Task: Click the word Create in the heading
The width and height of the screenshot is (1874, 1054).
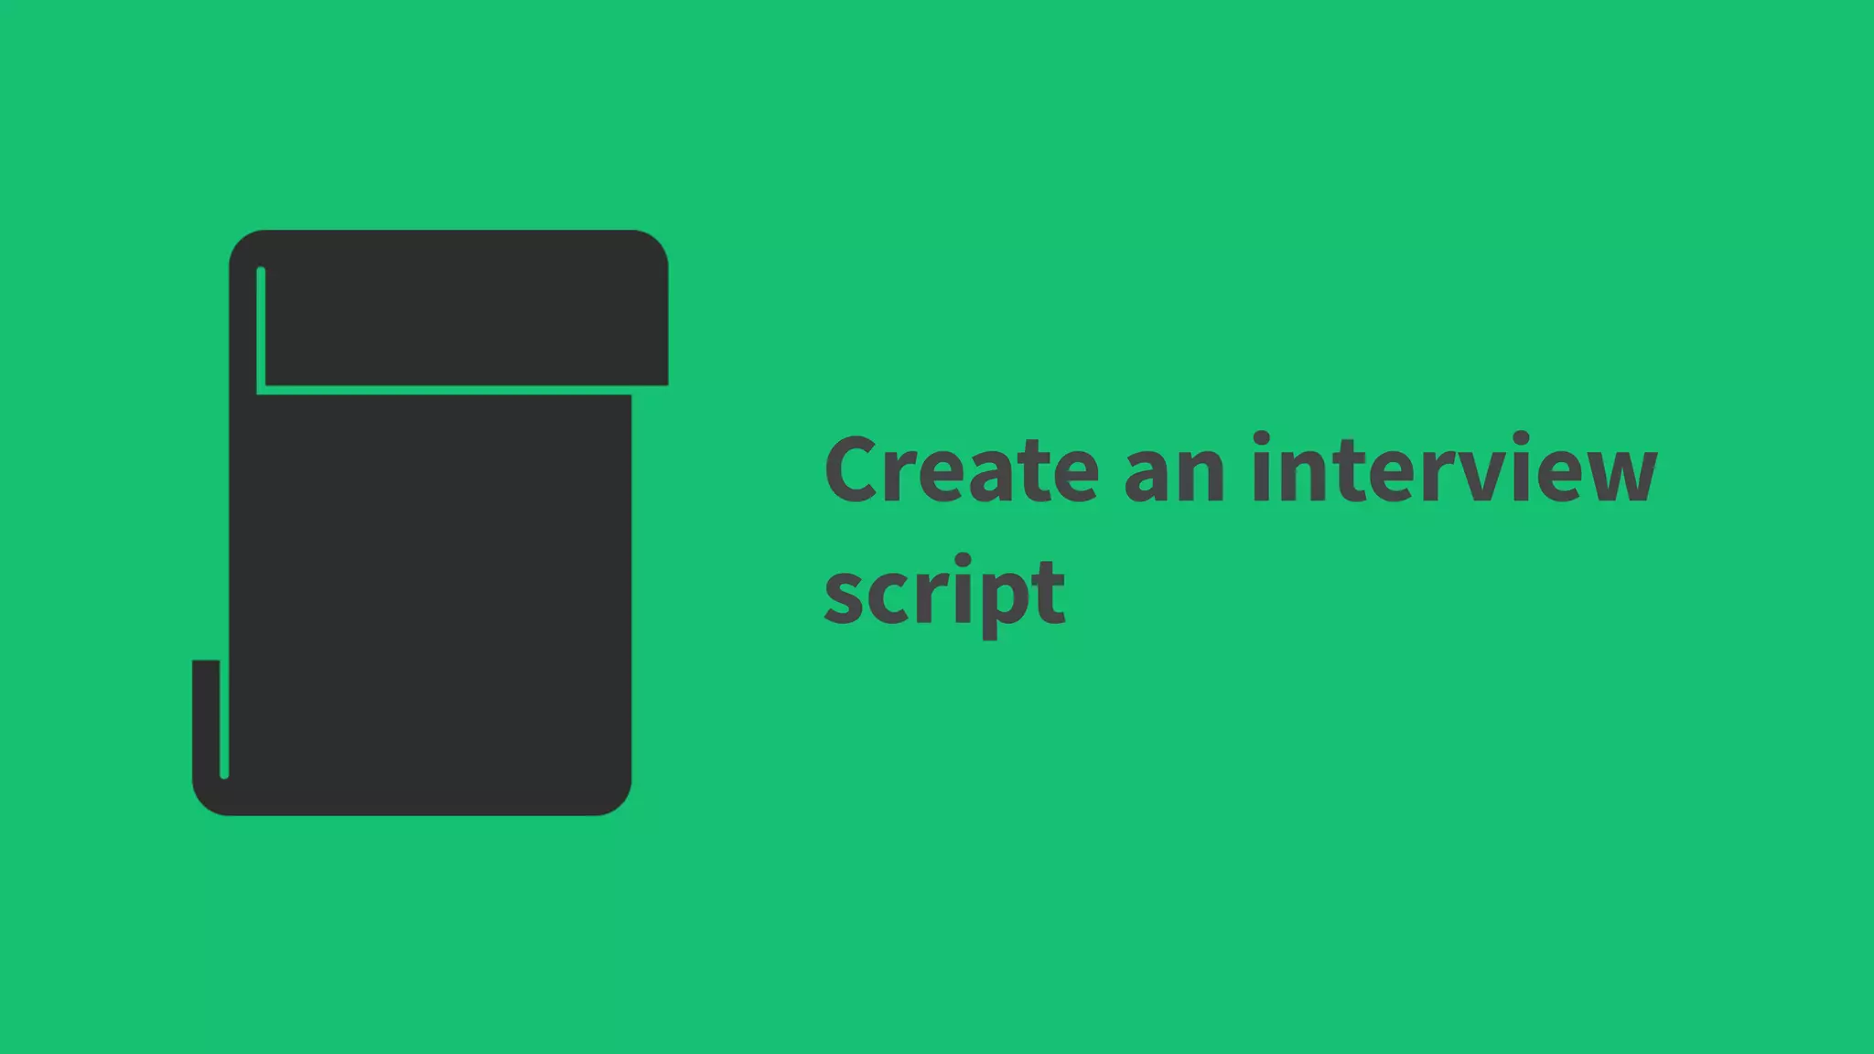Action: (961, 470)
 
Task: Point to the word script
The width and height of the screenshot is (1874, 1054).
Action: (944, 592)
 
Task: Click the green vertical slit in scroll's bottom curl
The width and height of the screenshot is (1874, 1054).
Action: (224, 718)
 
